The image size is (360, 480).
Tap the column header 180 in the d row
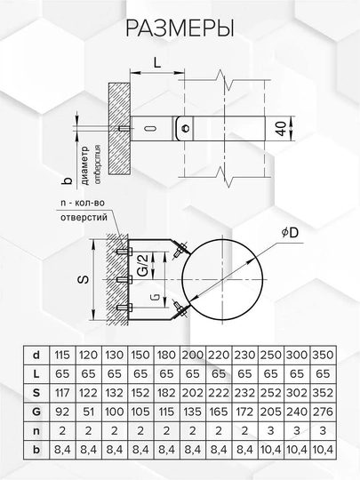165,354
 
